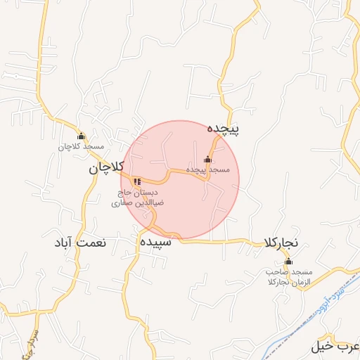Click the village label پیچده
[x=224, y=129]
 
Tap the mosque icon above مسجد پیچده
[x=207, y=159]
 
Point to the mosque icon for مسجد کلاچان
[x=81, y=136]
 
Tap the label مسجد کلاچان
[x=81, y=147]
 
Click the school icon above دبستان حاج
[x=137, y=181]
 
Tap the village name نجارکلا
[x=282, y=242]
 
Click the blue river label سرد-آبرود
[x=340, y=276]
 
